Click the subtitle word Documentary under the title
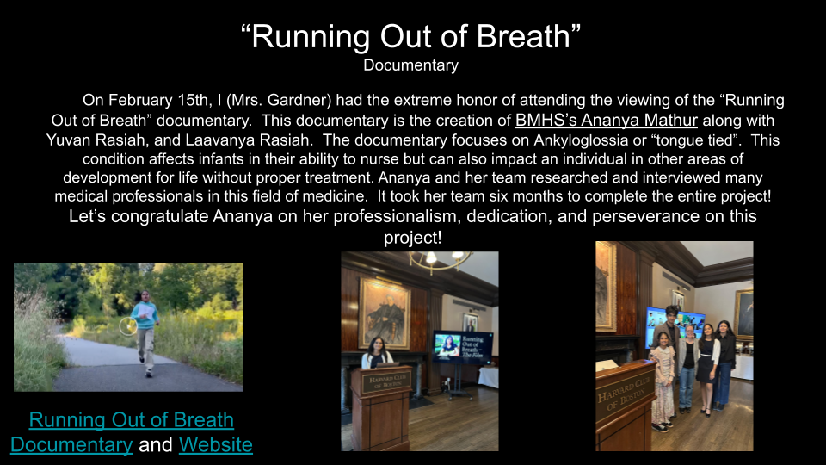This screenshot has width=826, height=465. [x=411, y=65]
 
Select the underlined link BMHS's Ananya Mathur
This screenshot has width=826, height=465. [x=607, y=121]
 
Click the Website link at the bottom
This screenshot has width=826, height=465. [x=215, y=444]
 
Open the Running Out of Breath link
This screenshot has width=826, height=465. [x=131, y=419]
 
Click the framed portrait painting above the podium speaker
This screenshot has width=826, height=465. [x=385, y=313]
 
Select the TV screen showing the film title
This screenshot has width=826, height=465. [x=463, y=347]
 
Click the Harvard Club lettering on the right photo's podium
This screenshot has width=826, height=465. [x=625, y=394]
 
